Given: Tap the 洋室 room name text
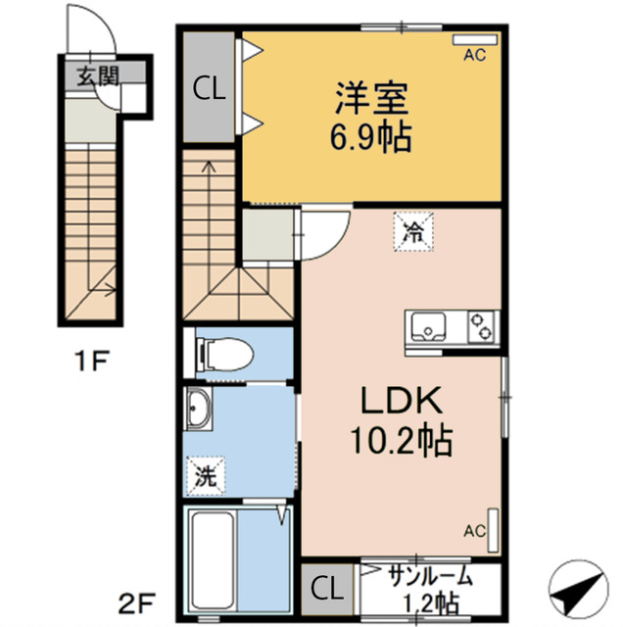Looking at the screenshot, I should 370,99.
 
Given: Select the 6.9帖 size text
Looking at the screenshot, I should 370,135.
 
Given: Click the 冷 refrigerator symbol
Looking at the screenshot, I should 410,232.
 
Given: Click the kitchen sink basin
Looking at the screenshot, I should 428,323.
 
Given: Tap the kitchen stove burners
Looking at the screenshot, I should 481,323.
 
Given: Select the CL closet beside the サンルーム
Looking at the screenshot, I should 327,590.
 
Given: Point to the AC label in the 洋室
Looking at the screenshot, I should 475,55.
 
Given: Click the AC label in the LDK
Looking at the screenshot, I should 475,532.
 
